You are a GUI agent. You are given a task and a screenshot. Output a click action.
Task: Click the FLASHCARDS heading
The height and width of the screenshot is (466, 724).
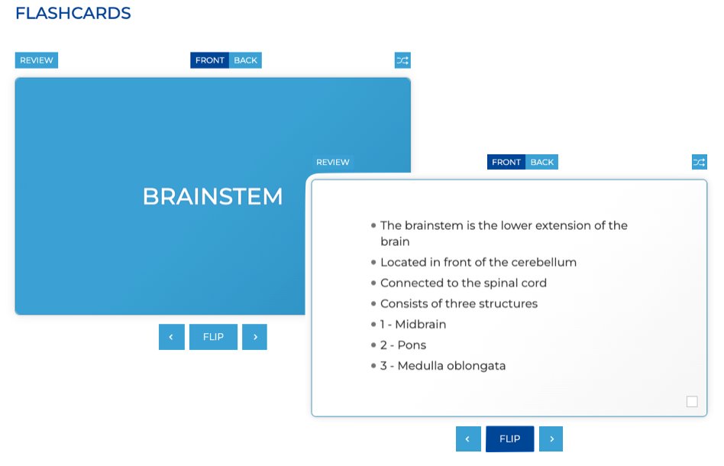point(73,14)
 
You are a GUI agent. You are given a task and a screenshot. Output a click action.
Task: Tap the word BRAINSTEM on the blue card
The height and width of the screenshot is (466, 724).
point(212,196)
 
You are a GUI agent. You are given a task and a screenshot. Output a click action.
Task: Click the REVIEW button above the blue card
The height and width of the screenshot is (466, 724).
point(36,60)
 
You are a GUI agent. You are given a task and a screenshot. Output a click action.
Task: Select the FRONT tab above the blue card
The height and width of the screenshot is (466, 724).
point(210,60)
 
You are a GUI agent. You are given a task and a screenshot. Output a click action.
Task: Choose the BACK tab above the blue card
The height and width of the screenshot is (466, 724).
point(245,60)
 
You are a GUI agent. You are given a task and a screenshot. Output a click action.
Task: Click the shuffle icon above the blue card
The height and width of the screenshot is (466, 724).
point(402,60)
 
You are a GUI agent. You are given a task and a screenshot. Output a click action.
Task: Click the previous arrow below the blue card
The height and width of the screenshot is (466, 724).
point(172,337)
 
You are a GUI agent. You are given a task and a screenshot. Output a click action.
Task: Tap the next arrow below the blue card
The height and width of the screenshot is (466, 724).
point(254,337)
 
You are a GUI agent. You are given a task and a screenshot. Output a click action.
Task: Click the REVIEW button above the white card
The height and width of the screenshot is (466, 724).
point(333,162)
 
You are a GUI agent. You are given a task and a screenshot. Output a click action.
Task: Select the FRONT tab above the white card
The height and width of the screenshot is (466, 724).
point(506,162)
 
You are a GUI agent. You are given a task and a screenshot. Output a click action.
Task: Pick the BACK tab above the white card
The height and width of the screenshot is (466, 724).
point(542,162)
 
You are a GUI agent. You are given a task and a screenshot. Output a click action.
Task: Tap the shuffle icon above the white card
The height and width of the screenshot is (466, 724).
point(700,162)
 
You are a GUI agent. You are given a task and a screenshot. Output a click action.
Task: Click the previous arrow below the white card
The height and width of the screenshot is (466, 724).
point(468,439)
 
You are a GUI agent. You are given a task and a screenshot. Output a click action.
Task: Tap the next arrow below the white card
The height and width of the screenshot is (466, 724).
point(551,439)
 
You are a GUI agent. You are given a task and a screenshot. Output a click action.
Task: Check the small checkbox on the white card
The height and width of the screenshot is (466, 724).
point(692,402)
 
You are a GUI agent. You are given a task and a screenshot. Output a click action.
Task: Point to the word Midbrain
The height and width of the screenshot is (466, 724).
point(420,325)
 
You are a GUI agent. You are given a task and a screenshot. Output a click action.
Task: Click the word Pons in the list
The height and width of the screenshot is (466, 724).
point(412,345)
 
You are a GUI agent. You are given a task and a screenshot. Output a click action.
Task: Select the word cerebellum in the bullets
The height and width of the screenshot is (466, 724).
point(544,262)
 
